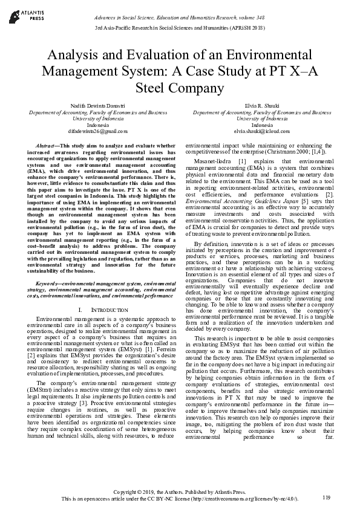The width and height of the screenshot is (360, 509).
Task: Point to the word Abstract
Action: click(47, 146)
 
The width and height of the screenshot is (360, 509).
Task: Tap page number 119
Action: click(327, 498)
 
